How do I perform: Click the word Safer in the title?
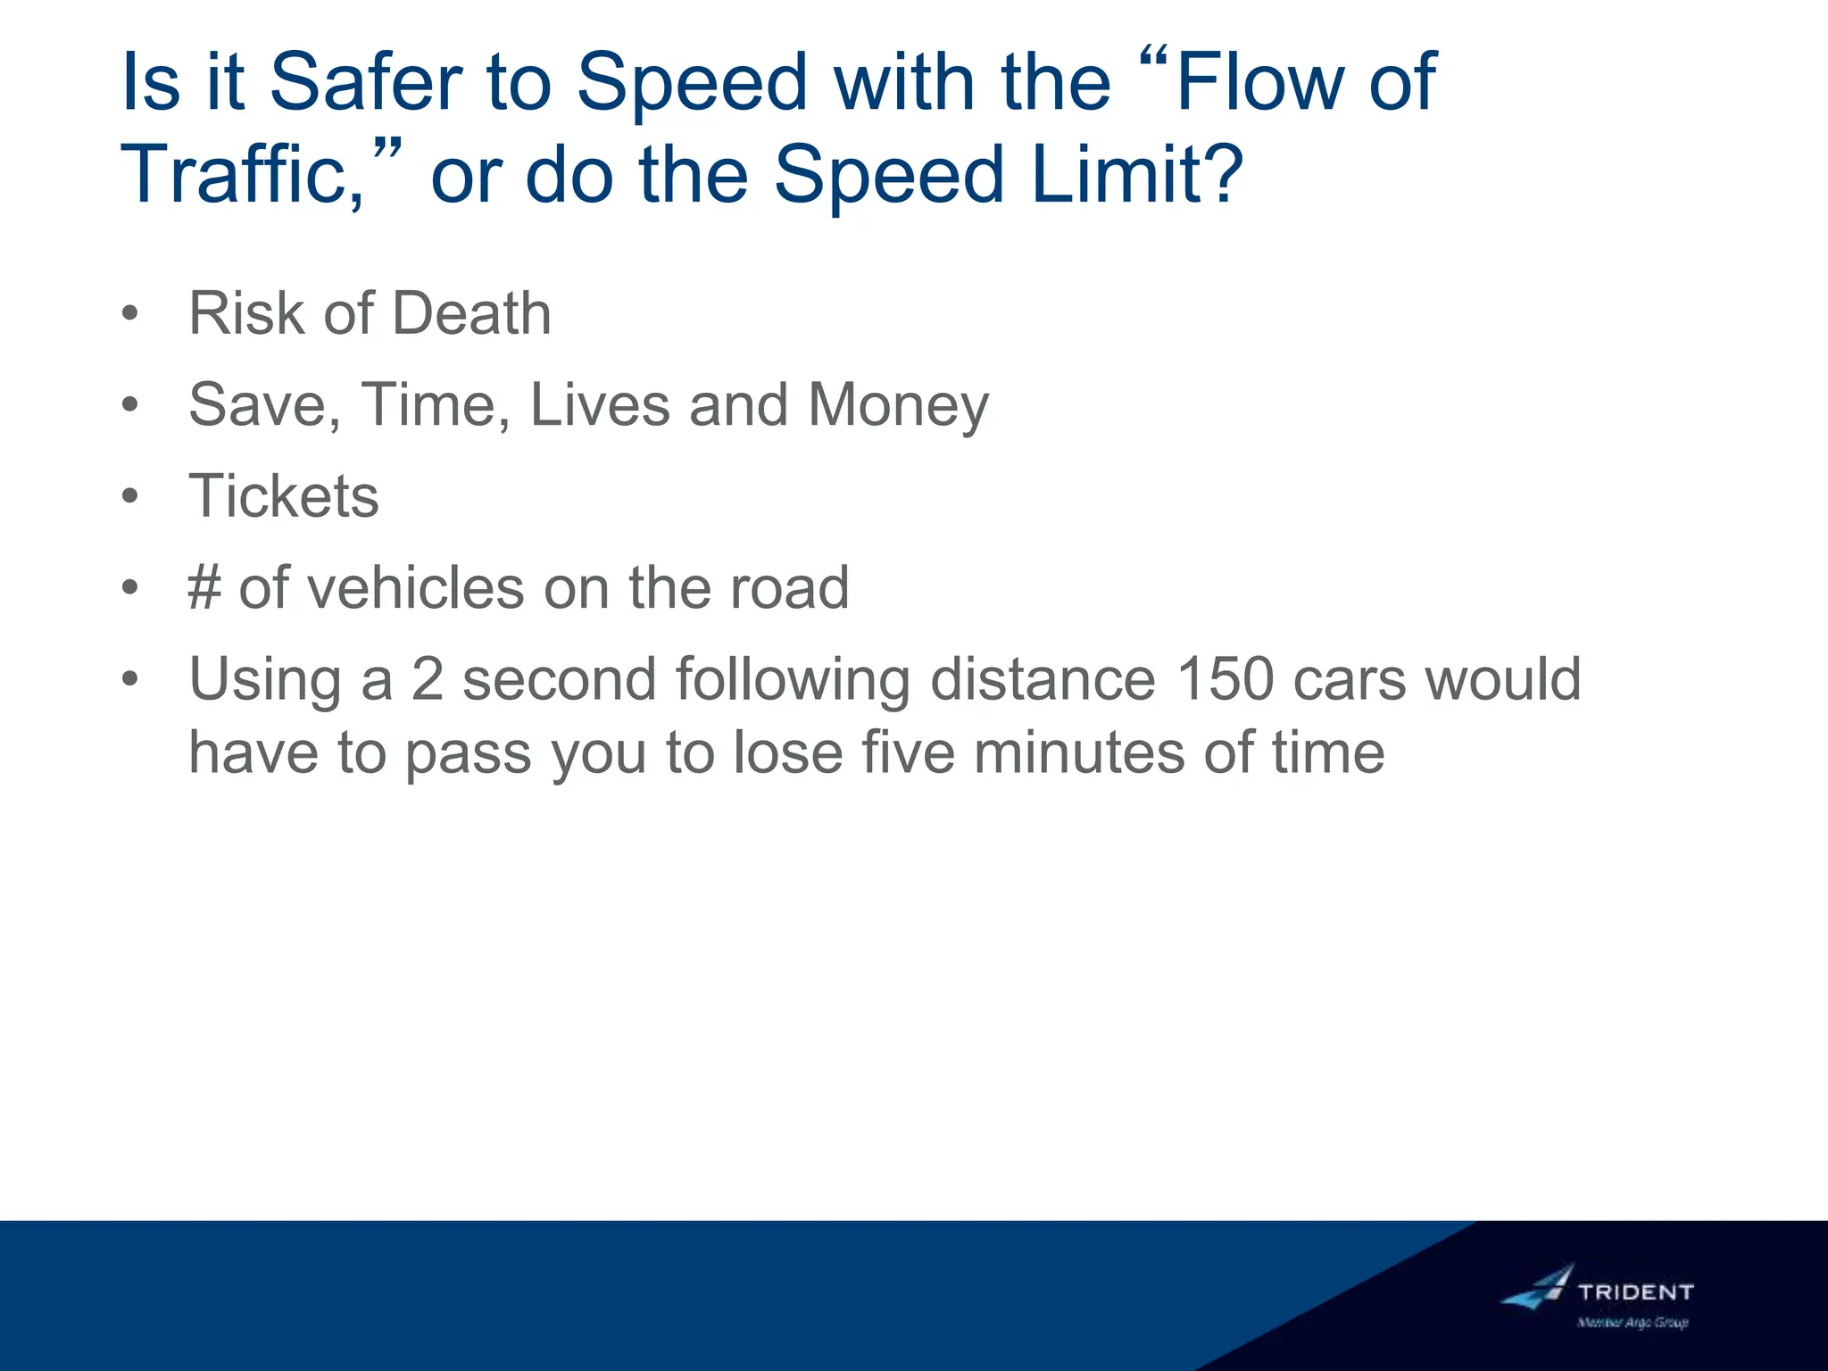366,82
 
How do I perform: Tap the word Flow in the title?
1259,82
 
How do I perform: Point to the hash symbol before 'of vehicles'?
204,588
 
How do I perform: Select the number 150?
1225,679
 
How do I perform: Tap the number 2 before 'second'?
428,679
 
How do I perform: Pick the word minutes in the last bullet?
1078,752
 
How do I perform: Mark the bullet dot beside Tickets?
130,496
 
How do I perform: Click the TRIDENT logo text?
1635,1292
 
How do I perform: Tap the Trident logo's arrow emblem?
1539,1287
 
